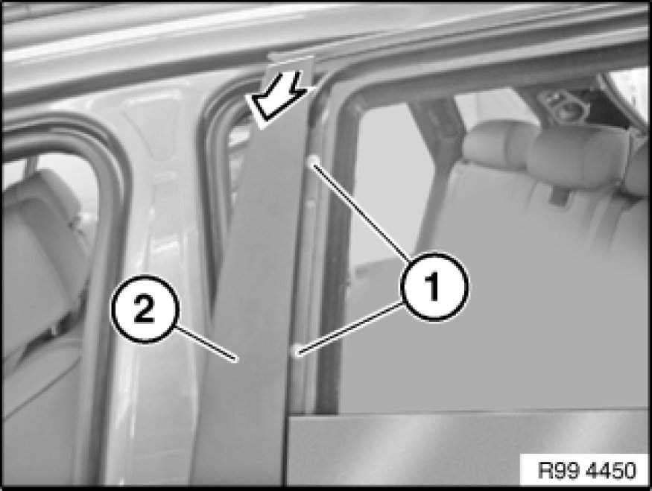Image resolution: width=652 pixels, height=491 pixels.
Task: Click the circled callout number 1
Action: click(434, 286)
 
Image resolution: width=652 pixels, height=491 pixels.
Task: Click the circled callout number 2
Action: click(145, 309)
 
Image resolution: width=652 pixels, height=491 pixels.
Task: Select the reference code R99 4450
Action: click(586, 470)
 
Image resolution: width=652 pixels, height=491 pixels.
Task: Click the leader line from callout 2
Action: click(205, 343)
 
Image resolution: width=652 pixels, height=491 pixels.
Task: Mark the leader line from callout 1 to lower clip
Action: click(350, 329)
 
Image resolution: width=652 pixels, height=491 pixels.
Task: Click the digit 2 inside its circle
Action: click(145, 309)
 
